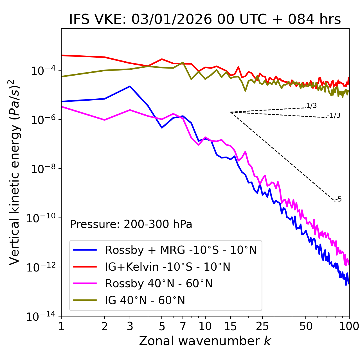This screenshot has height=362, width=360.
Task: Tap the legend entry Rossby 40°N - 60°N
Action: click(x=159, y=284)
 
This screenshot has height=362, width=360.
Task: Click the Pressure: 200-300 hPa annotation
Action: click(x=131, y=224)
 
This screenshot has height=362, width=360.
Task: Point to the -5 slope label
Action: click(x=338, y=199)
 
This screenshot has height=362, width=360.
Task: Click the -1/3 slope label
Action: click(x=334, y=115)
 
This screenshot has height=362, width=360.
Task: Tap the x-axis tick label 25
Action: click(x=262, y=326)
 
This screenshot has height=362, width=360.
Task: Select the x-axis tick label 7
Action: click(x=183, y=326)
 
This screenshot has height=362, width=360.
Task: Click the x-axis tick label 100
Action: click(x=349, y=326)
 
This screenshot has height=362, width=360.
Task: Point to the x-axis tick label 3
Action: click(x=130, y=326)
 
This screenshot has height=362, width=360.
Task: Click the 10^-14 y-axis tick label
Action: click(x=40, y=316)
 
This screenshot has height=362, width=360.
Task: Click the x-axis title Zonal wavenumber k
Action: click(x=205, y=341)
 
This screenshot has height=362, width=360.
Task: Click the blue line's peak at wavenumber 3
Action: click(x=130, y=86)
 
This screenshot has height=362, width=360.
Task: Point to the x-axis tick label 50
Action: click(x=306, y=326)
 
